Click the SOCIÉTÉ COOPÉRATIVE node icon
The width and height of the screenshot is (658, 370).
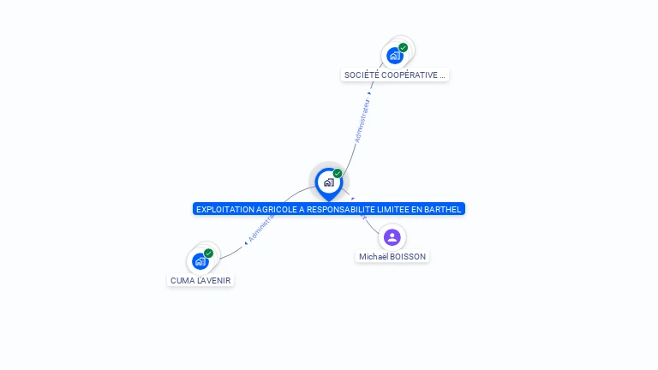[394, 57]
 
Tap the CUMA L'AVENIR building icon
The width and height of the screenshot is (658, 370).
[200, 260]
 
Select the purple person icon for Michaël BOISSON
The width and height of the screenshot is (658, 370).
[392, 237]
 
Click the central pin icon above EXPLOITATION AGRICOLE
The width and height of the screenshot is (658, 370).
[328, 182]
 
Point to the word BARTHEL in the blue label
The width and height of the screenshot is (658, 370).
[442, 209]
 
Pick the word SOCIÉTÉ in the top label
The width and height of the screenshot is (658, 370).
[362, 75]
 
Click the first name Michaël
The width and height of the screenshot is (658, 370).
[374, 257]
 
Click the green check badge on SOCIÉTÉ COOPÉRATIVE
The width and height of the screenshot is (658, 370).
[404, 48]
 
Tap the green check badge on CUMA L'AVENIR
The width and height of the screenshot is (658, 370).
[208, 253]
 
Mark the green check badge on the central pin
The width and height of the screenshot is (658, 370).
[338, 174]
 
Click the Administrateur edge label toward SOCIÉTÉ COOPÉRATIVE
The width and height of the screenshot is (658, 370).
[362, 121]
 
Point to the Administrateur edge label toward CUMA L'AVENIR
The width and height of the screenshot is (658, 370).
[260, 227]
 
